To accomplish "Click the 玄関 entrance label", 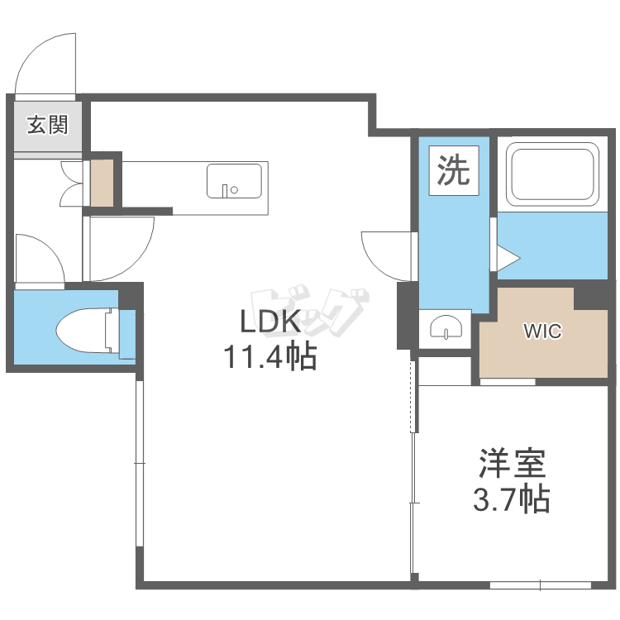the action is click(47, 125).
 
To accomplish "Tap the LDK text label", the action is click(270, 322).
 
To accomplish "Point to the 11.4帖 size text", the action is click(270, 356).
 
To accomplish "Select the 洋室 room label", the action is click(512, 464).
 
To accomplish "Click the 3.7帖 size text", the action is click(512, 499).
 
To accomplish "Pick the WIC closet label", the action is click(543, 331).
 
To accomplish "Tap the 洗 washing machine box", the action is click(454, 170).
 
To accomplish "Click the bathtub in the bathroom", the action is click(552, 174).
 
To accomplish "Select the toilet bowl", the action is click(83, 329).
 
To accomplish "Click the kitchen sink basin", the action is click(234, 181).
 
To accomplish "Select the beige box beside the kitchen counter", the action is click(102, 183).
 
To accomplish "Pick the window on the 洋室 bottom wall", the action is click(541, 584).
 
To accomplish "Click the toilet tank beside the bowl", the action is click(112, 330).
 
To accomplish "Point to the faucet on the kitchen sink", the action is click(225, 191).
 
